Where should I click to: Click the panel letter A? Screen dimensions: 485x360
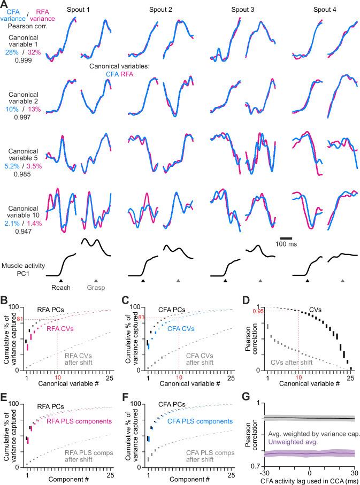point(5,5)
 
